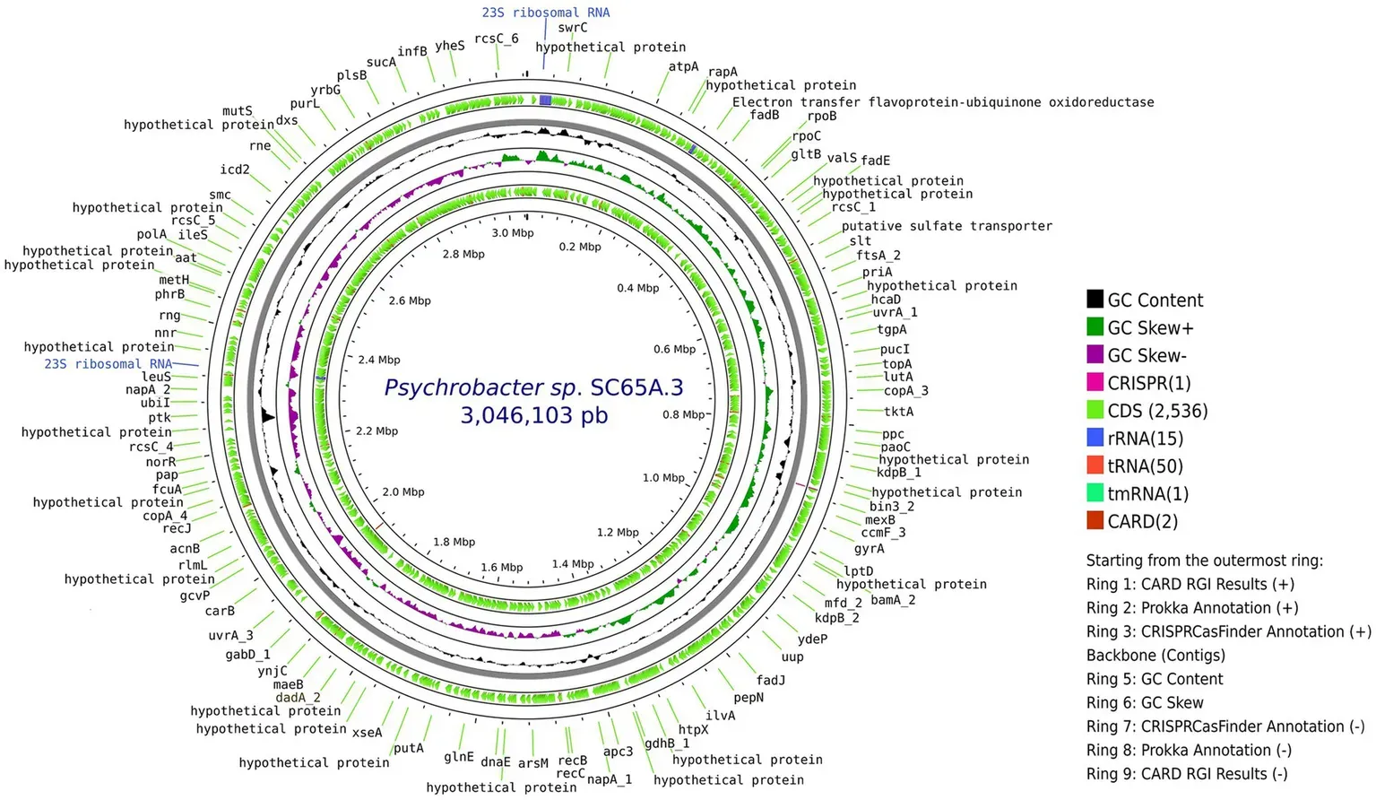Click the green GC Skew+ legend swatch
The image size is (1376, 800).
pyautogui.click(x=1095, y=327)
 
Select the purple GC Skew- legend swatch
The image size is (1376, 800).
pyautogui.click(x=1095, y=355)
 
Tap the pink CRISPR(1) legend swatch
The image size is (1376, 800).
pyautogui.click(x=1095, y=383)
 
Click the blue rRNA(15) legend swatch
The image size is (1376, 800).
pyautogui.click(x=1095, y=438)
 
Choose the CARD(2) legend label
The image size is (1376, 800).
pyautogui.click(x=1142, y=521)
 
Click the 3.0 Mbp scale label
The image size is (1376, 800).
pyautogui.click(x=512, y=233)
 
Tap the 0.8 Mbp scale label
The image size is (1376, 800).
pyautogui.click(x=684, y=414)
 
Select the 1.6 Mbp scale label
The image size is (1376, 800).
pyautogui.click(x=501, y=568)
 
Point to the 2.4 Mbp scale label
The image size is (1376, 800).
pyautogui.click(x=379, y=360)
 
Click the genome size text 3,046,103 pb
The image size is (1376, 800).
pyautogui.click(x=534, y=416)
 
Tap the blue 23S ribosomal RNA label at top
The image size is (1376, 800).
pyautogui.click(x=545, y=13)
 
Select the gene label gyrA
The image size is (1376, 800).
pyautogui.click(x=869, y=549)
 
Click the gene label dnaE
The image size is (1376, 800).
pyautogui.click(x=496, y=762)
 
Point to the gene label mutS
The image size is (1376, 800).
pyautogui.click(x=238, y=111)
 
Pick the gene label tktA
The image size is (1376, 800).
pyautogui.click(x=898, y=412)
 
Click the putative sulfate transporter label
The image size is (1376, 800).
pyautogui.click(x=947, y=226)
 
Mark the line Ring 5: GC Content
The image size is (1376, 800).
pyautogui.click(x=1155, y=679)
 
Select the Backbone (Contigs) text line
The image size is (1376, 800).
pyautogui.click(x=1155, y=656)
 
